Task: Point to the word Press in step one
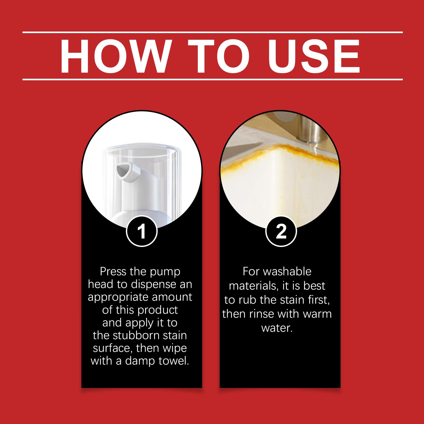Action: (113, 272)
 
